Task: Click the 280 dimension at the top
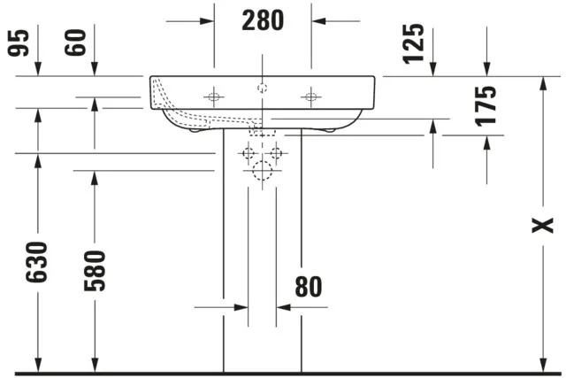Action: pyautogui.click(x=263, y=19)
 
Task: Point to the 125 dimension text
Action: pyautogui.click(x=413, y=44)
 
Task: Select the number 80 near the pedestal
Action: pyautogui.click(x=309, y=287)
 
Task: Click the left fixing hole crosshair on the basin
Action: pyautogui.click(x=214, y=96)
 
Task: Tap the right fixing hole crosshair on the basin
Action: pyautogui.click(x=311, y=96)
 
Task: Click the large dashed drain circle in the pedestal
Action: pyautogui.click(x=263, y=171)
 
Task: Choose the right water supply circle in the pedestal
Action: pyautogui.click(x=277, y=153)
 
